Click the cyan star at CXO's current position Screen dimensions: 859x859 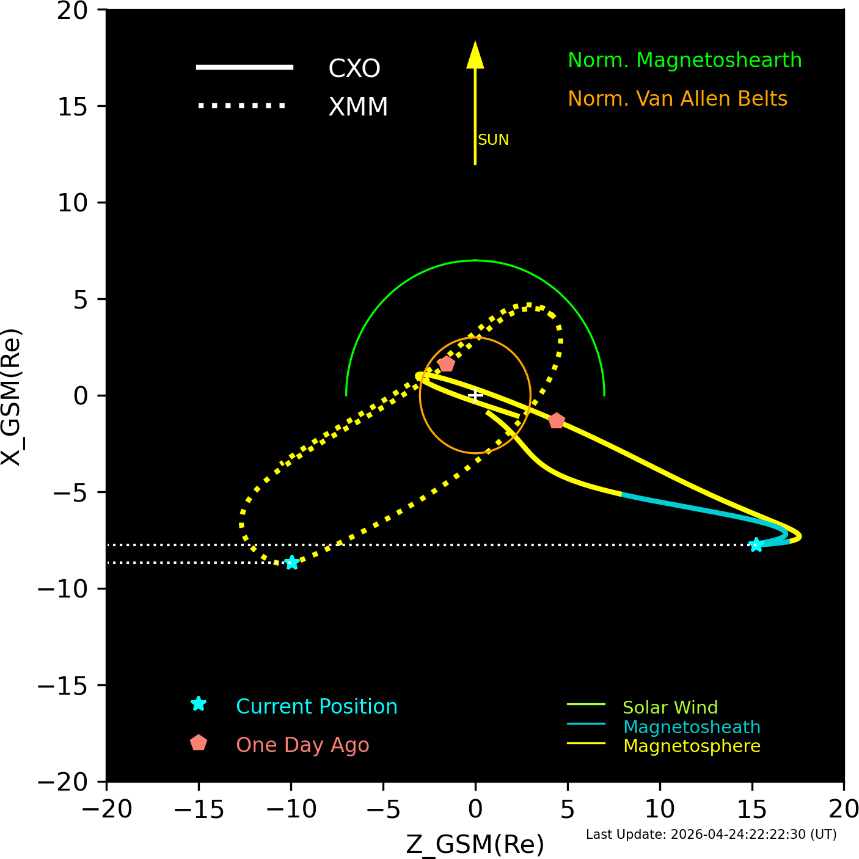tap(756, 544)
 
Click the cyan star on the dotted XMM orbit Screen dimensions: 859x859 tap(292, 563)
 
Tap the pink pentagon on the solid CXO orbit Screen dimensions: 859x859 tap(556, 420)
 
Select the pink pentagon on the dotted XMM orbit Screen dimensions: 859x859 tap(447, 364)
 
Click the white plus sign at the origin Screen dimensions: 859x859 tap(475, 395)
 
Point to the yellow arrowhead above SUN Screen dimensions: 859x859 tap(475, 55)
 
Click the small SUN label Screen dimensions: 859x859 tap(493, 140)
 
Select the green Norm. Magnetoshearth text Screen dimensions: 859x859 tap(684, 60)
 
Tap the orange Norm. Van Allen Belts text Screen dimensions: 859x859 tap(678, 99)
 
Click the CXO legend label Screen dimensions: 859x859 tap(354, 68)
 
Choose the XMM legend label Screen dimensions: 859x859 tap(358, 107)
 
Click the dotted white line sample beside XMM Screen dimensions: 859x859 tap(241, 106)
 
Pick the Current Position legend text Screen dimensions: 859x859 tap(316, 707)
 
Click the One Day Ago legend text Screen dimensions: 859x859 tap(302, 745)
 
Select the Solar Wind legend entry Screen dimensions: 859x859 tap(670, 707)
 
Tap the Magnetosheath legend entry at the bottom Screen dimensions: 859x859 tap(692, 727)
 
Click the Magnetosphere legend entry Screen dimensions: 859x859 tap(692, 746)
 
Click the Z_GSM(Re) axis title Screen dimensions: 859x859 tap(475, 844)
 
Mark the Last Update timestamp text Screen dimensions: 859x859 tap(711, 835)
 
